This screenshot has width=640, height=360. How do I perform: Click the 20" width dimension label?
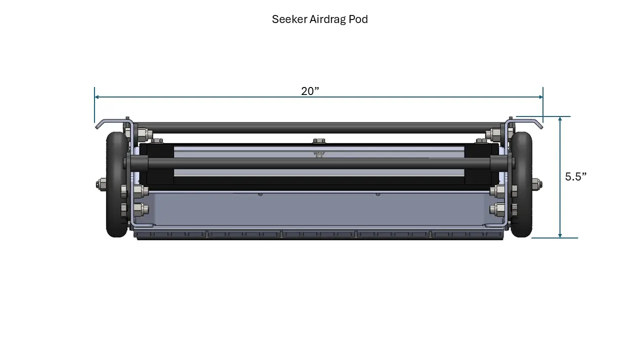[x=310, y=91]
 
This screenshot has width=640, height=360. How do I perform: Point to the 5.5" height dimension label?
[x=575, y=176]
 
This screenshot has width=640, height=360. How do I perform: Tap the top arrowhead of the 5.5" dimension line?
[x=560, y=119]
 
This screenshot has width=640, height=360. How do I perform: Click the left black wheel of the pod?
[x=116, y=184]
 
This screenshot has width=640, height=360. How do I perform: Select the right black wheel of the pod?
[x=522, y=184]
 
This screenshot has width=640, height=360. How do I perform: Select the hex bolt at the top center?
[x=317, y=141]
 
